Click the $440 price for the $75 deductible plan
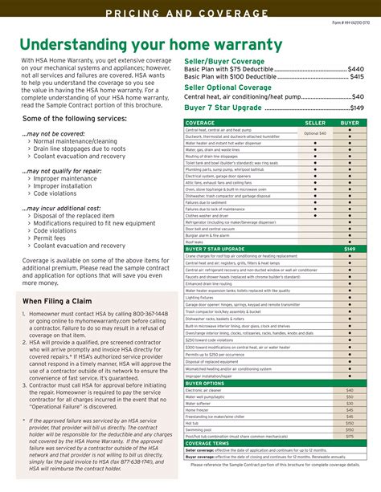(355, 69)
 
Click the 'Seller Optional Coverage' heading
(228, 87)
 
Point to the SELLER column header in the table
(315, 123)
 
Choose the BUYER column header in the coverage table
(350, 123)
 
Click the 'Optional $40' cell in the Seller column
(315, 133)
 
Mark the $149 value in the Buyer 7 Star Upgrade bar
(350, 249)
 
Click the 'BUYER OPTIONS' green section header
(206, 383)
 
